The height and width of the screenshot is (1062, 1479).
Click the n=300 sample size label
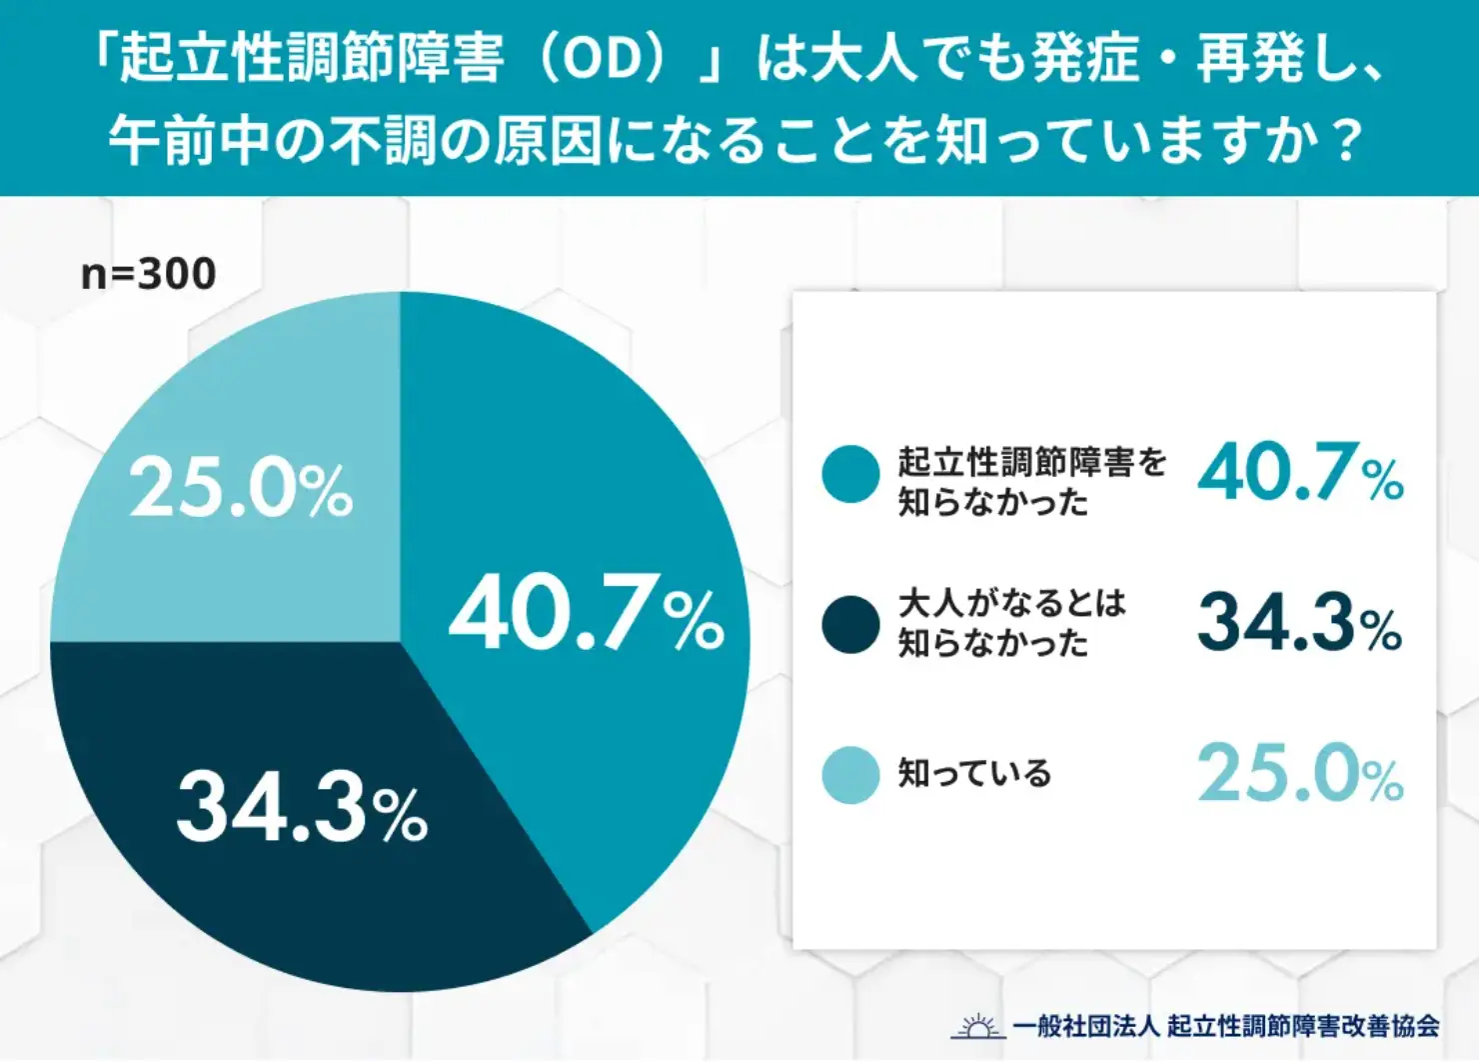coord(148,273)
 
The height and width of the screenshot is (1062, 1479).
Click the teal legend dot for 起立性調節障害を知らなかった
coord(850,474)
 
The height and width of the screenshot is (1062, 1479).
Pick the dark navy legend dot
coord(850,625)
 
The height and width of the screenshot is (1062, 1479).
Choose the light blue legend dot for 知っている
coord(850,775)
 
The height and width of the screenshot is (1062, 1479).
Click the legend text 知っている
coord(974,774)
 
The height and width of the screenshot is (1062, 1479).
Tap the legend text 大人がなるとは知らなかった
coord(1011,623)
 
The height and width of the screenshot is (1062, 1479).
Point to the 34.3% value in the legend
coord(1300,623)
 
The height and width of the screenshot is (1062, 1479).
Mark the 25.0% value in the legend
coord(1300,774)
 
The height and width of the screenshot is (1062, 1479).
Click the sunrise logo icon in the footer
coord(977,1026)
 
